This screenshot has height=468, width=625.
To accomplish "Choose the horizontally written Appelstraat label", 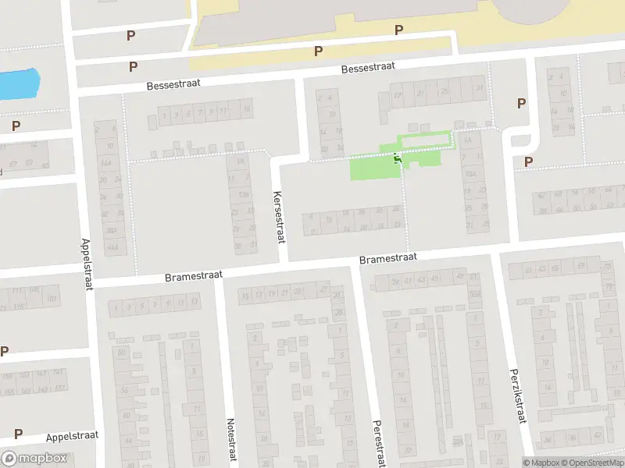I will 72,437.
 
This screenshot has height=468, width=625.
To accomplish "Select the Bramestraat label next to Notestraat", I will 194,276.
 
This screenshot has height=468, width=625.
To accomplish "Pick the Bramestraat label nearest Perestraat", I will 388,257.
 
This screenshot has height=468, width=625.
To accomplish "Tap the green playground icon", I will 398,160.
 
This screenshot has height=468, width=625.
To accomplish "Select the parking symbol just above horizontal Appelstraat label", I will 18,434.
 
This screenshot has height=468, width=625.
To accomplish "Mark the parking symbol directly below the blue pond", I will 16,125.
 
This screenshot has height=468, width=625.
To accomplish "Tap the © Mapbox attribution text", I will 541,463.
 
